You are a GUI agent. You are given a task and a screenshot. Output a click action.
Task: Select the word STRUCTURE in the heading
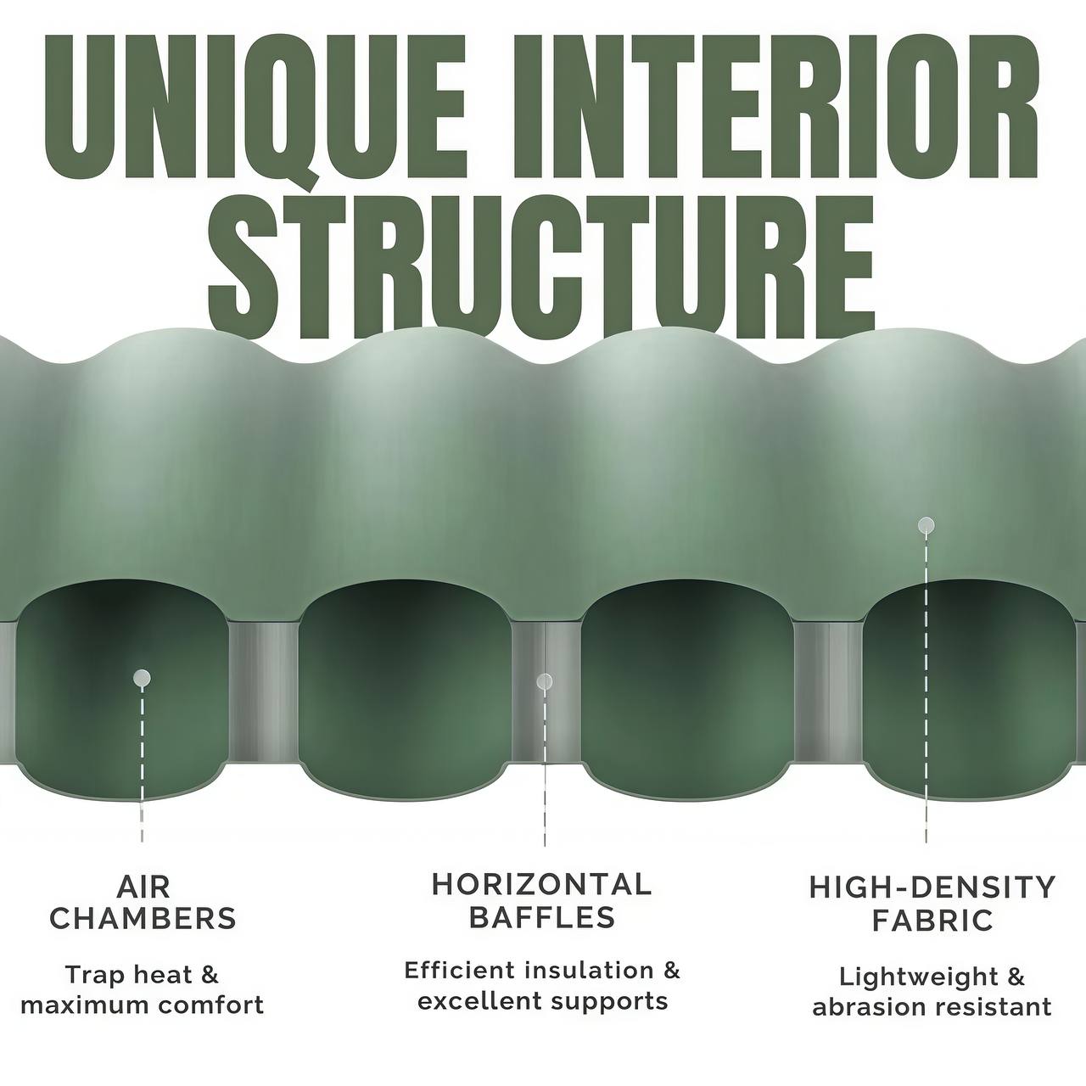541,262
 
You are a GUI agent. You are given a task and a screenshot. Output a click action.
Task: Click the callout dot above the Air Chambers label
142,677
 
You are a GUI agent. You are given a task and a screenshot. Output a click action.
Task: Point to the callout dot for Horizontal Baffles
545,682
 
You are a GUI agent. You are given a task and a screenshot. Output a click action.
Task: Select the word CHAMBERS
143,920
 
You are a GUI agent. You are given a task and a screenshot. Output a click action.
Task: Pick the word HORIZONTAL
541,885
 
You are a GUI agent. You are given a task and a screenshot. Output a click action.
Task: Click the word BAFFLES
541,917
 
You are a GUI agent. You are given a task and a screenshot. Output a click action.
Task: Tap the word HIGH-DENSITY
932,887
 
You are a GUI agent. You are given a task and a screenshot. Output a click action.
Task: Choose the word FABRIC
932,921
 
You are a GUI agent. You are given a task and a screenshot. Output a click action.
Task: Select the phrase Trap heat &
142,975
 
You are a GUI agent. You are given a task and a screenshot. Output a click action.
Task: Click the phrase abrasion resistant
932,1007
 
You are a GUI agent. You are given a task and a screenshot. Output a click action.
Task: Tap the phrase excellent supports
542,1002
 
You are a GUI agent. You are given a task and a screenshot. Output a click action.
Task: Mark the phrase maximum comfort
142,1005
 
